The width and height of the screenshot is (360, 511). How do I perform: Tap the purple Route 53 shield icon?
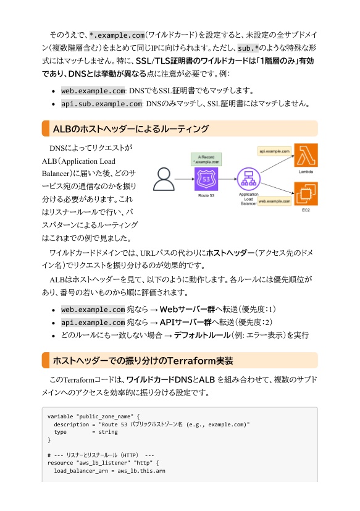tap(206, 179)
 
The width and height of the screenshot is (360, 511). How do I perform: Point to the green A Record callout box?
tap(206, 159)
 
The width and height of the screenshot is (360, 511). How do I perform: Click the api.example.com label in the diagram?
tap(274, 151)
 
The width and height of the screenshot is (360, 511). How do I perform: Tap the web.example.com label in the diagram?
tap(274, 201)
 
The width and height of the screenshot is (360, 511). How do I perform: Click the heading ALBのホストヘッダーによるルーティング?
tap(130, 129)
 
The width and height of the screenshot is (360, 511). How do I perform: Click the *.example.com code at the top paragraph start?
tap(117, 35)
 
